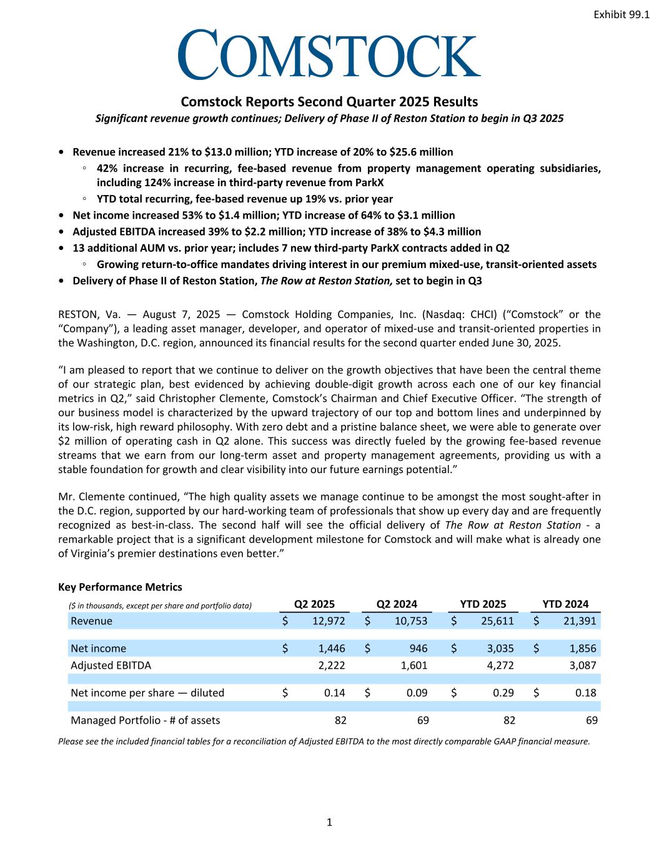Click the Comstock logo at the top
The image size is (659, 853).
pyautogui.click(x=329, y=55)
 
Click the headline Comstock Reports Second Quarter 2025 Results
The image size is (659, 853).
pyautogui.click(x=329, y=101)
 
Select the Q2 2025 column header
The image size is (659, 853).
pyautogui.click(x=314, y=604)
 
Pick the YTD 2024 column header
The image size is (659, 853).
pyautogui.click(x=565, y=604)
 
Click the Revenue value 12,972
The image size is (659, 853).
pyautogui.click(x=327, y=621)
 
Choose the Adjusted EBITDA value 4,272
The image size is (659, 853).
pyautogui.click(x=500, y=665)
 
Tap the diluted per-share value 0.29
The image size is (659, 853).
pyautogui.click(x=503, y=692)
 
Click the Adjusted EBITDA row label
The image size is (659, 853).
pyautogui.click(x=111, y=665)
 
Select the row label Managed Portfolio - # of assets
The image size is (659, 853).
pyautogui.click(x=145, y=720)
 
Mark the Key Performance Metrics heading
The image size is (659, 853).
pyautogui.click(x=120, y=587)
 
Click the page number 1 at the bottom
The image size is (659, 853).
pyautogui.click(x=329, y=822)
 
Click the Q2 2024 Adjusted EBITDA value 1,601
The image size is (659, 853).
pyautogui.click(x=414, y=665)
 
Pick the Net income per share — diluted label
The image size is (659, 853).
pyautogui.click(x=147, y=692)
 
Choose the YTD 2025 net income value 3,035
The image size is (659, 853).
pyautogui.click(x=500, y=648)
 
